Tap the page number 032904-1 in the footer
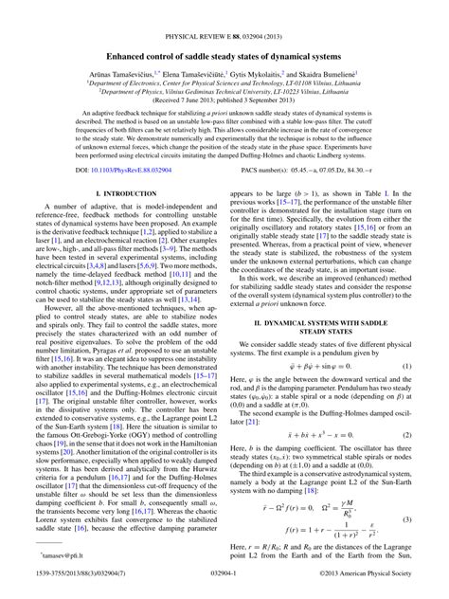224,590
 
